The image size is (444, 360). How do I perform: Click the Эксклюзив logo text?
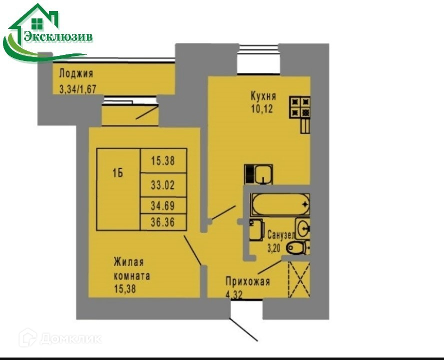click(x=58, y=36)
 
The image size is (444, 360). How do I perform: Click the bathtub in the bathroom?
click(x=280, y=204)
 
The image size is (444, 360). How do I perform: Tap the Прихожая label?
click(x=248, y=282)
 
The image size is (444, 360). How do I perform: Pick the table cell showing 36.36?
click(x=162, y=223)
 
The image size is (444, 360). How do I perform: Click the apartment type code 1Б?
click(x=118, y=174)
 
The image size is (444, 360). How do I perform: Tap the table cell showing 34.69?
click(x=162, y=205)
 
